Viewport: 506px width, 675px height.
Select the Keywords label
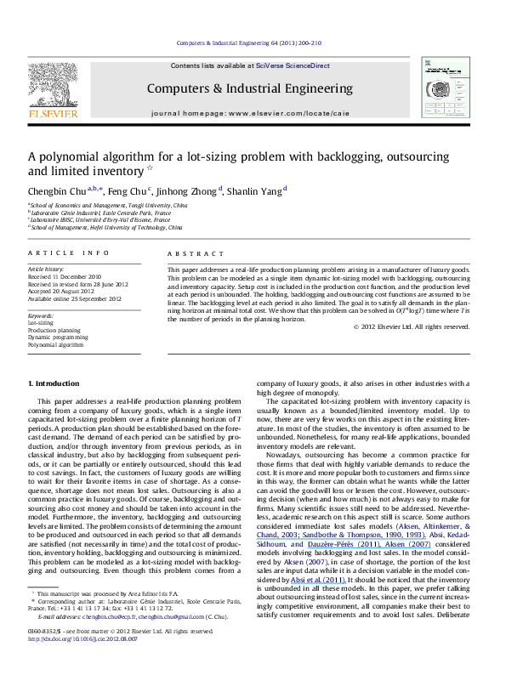(x=42, y=315)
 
